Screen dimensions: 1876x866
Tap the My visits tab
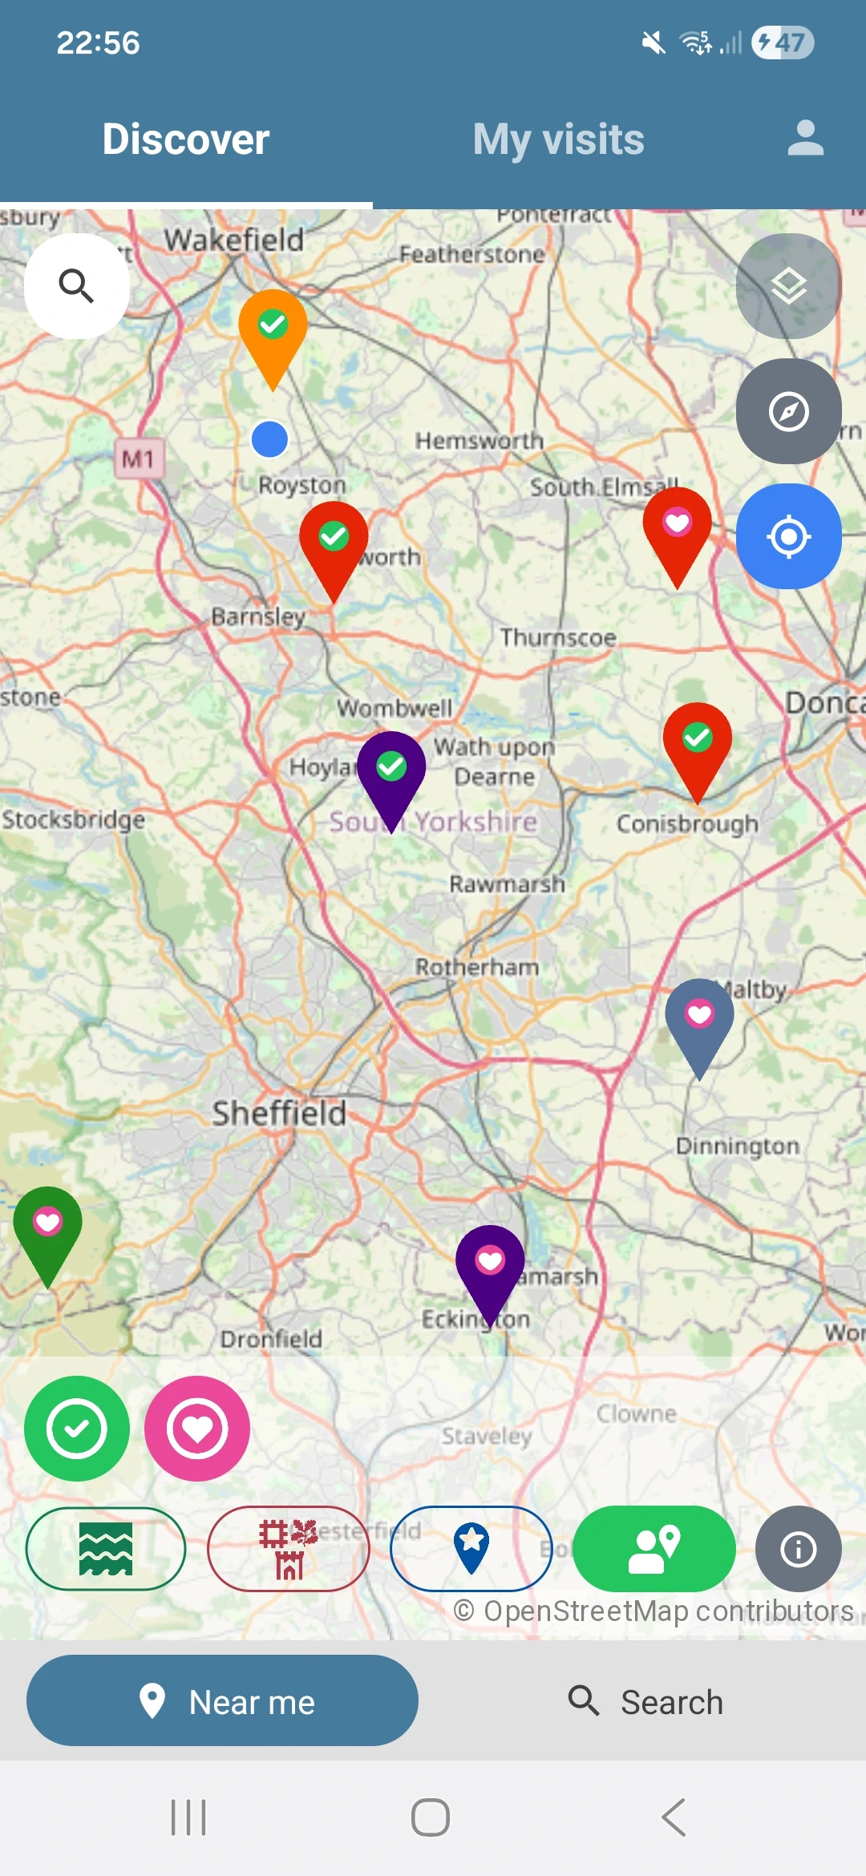point(558,139)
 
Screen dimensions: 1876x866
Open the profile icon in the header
point(805,138)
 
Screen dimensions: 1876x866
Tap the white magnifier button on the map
point(77,285)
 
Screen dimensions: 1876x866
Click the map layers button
point(788,285)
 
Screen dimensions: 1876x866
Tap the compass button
point(788,411)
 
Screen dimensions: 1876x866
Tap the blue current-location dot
point(269,439)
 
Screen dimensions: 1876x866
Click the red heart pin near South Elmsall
point(677,529)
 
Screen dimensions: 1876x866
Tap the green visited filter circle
point(77,1428)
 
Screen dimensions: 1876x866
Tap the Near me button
point(222,1700)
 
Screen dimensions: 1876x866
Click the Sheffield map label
point(279,1113)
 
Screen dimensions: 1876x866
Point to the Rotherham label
point(476,967)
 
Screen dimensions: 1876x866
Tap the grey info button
point(798,1548)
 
